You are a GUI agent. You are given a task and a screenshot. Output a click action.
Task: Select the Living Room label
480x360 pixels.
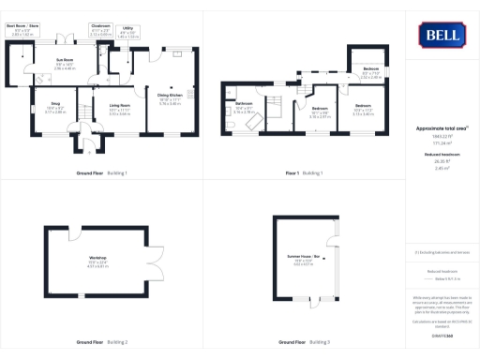click(119, 110)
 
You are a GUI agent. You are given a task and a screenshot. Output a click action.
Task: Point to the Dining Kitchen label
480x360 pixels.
click(170, 97)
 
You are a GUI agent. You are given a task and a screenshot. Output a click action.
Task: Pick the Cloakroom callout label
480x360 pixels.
click(100, 30)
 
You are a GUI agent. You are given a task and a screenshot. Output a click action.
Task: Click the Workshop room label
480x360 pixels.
click(98, 261)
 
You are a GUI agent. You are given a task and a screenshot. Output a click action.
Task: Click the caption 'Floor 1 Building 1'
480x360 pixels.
click(304, 173)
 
